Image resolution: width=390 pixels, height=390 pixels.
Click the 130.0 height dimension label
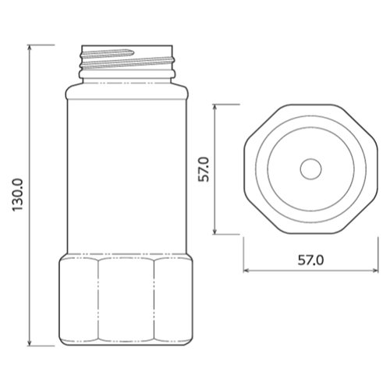[18, 195]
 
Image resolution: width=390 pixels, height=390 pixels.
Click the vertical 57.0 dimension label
[204, 169]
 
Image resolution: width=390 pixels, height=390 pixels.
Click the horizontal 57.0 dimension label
[310, 260]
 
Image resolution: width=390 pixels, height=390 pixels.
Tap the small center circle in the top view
[311, 169]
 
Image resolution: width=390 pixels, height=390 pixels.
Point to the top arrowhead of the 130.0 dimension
[30, 47]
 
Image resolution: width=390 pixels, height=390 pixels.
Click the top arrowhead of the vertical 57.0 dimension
[214, 107]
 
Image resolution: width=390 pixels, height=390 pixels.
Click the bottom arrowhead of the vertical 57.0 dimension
[214, 232]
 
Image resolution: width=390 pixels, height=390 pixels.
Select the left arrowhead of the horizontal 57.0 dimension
[246, 271]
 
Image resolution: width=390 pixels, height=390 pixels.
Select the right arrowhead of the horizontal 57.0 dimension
[375, 271]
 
